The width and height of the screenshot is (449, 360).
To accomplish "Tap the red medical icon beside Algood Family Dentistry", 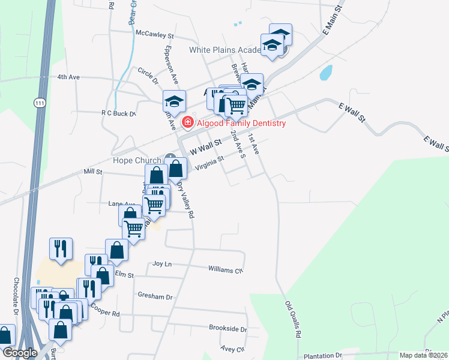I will [x=187, y=123].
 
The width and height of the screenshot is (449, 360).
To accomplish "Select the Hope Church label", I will [x=137, y=160].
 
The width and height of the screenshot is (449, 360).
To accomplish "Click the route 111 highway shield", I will [x=40, y=103].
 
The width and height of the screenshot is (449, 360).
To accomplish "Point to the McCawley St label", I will [x=154, y=34].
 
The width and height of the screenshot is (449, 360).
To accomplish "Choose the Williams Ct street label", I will [x=226, y=269].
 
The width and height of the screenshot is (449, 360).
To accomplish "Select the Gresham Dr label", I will [x=155, y=296].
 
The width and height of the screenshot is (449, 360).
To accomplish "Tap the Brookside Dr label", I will [x=228, y=329].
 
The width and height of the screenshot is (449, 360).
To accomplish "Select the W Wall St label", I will [x=206, y=145].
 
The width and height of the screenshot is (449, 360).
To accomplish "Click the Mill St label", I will [x=93, y=172].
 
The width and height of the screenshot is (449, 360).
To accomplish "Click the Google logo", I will [x=20, y=353].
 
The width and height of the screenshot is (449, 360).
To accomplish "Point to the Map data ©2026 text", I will [x=423, y=355].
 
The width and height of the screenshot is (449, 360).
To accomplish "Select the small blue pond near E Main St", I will [x=326, y=73].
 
